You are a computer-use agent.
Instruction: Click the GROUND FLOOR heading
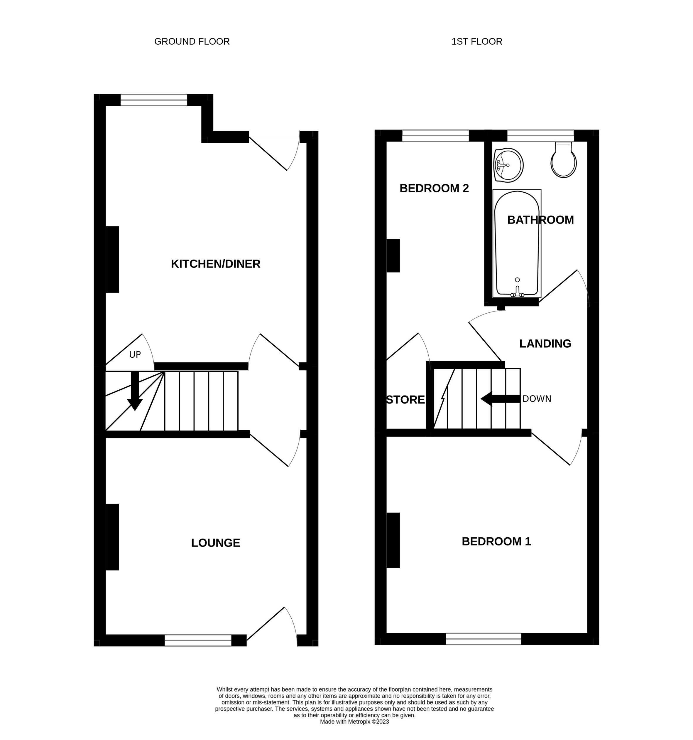coord(192,42)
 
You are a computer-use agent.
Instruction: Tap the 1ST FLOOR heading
coord(476,42)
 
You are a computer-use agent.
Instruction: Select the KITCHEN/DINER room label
coord(215,264)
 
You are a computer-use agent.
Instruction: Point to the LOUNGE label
coord(215,543)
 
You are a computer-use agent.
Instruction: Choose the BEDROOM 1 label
coord(496,541)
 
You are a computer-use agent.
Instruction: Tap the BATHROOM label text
coord(540,220)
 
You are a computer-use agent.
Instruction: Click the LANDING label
coord(545,344)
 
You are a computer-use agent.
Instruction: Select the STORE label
coord(405,400)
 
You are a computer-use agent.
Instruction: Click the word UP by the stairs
coord(135,355)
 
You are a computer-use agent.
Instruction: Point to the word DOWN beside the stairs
coord(536,399)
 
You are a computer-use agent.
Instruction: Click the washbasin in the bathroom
coord(508,165)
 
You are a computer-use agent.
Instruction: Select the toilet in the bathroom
coord(563,161)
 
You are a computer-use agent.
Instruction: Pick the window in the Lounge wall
coord(198,640)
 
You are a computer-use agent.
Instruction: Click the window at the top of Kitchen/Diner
coord(154,100)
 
